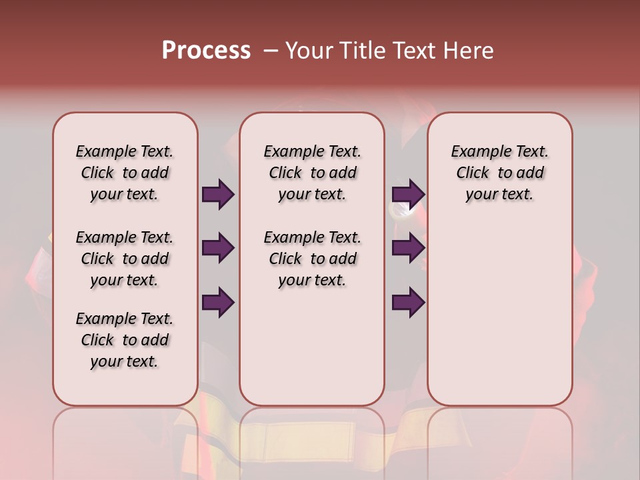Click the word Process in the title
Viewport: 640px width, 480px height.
click(x=206, y=50)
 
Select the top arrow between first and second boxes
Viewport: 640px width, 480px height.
click(x=218, y=195)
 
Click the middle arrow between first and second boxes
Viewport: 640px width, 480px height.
click(x=218, y=249)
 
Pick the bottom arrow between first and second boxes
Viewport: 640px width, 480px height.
click(x=218, y=303)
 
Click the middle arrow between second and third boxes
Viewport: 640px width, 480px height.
click(x=408, y=249)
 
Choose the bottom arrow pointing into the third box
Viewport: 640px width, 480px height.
click(x=408, y=303)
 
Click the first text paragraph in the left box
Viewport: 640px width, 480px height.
click(x=125, y=173)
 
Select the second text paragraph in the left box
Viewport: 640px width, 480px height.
click(x=125, y=259)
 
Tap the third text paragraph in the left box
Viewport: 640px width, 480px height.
click(x=125, y=340)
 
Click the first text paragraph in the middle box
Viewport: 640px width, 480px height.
click(x=313, y=173)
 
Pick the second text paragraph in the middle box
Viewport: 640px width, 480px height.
click(x=313, y=259)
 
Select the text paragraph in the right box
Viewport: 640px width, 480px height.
click(x=500, y=173)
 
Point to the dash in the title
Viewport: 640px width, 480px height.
click(x=270, y=51)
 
